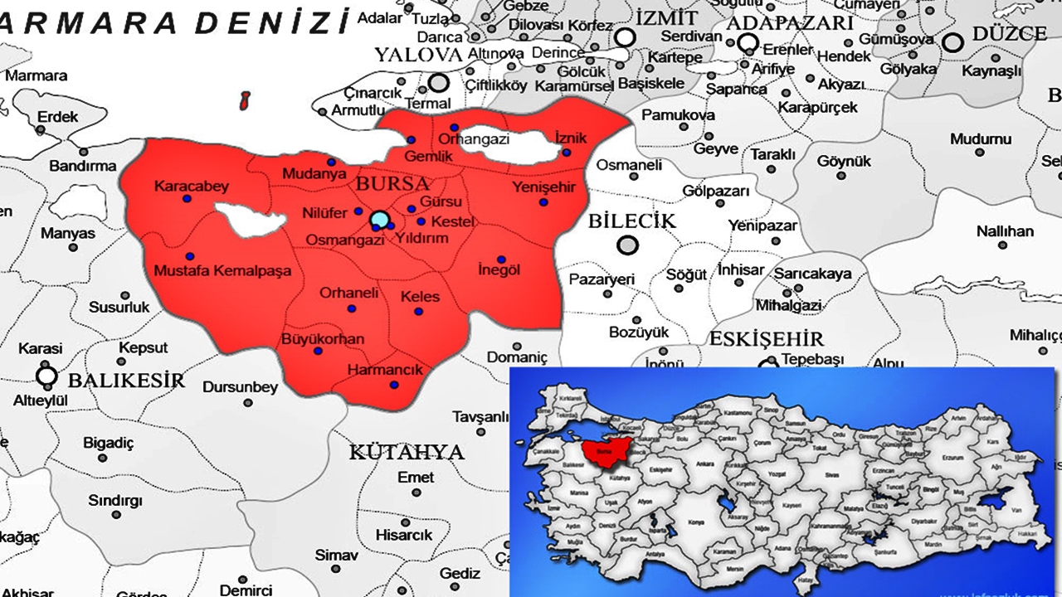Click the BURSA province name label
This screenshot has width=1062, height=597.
[392, 183]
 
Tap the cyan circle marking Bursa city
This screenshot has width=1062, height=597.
[379, 220]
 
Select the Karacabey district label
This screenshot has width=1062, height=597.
[191, 187]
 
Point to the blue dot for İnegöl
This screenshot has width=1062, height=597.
[500, 258]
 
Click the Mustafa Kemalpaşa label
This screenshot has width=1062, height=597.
[224, 270]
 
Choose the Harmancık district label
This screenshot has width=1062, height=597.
[386, 370]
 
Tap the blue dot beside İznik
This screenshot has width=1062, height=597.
[566, 153]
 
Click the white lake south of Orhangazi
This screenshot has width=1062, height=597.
[519, 149]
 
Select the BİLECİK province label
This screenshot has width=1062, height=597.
[632, 221]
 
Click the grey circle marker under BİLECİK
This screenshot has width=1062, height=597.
[629, 245]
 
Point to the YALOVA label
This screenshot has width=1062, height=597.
[417, 56]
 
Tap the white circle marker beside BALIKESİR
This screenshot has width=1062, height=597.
[47, 376]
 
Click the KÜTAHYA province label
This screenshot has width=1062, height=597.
[406, 452]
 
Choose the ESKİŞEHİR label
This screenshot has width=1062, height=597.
[766, 339]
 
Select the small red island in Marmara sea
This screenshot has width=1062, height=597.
[245, 101]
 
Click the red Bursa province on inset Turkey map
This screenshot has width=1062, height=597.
[603, 451]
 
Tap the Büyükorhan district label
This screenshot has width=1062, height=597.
[323, 339]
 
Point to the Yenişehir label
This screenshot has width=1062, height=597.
[543, 187]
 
